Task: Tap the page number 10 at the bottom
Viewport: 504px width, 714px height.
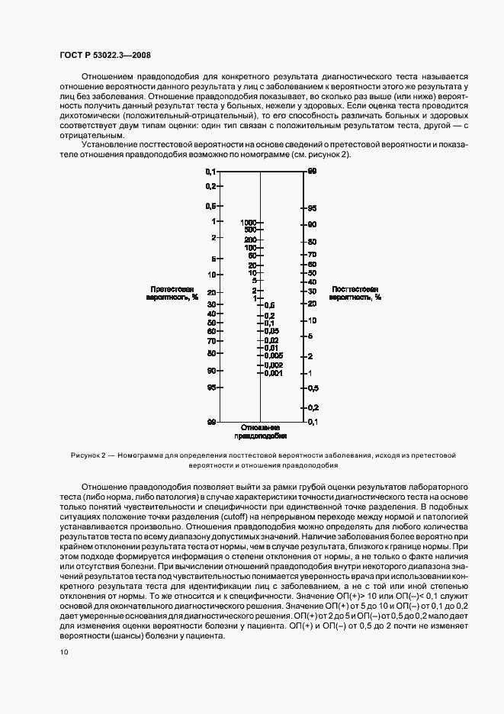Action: (x=63, y=651)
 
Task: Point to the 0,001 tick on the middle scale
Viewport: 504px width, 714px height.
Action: (x=274, y=373)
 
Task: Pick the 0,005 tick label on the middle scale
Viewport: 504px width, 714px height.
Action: (x=274, y=355)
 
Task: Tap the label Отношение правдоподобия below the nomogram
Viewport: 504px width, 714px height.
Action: (x=260, y=433)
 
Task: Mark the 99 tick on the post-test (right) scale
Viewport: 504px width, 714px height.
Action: (x=312, y=172)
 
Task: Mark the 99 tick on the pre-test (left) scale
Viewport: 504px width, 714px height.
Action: (x=210, y=421)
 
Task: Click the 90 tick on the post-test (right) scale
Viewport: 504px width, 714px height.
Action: (x=312, y=224)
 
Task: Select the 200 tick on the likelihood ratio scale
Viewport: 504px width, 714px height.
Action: (x=250, y=240)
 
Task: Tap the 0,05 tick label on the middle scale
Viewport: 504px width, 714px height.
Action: (x=272, y=330)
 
